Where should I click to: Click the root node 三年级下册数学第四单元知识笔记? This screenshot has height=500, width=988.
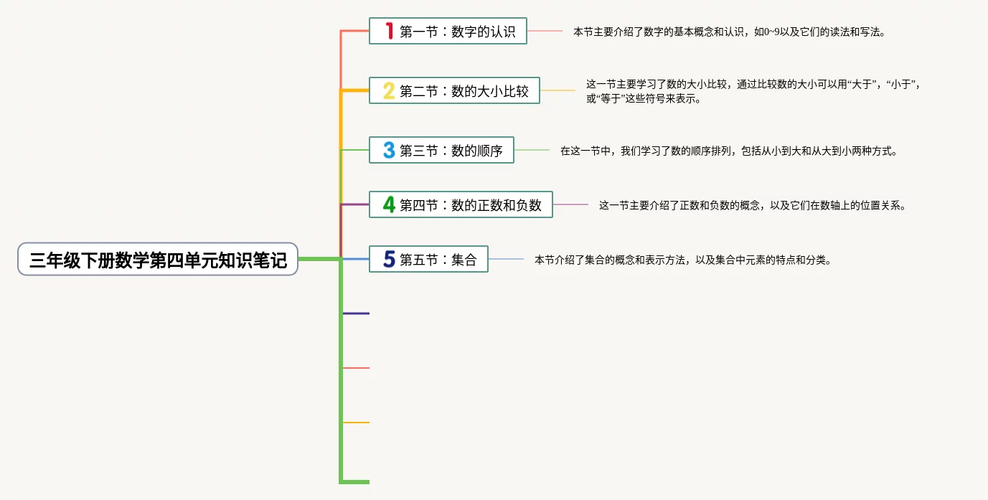(x=157, y=260)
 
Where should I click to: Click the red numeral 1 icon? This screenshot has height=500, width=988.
(x=389, y=31)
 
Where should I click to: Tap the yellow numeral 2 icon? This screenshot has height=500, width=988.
(x=389, y=91)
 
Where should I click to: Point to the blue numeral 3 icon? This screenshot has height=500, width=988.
(x=389, y=151)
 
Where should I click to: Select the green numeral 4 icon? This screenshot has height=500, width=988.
(x=389, y=204)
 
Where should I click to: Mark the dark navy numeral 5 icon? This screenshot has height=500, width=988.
(x=389, y=260)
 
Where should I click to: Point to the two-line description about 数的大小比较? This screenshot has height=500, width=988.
(x=753, y=91)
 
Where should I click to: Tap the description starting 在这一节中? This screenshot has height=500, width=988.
(x=728, y=151)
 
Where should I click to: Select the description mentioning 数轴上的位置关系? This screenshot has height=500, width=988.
(x=752, y=205)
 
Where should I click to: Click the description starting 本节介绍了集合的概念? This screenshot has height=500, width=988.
(x=682, y=260)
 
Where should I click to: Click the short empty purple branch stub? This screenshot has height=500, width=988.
(x=357, y=313)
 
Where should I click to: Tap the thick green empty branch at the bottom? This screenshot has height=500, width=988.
(x=355, y=481)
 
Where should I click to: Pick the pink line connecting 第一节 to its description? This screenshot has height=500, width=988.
(x=545, y=31)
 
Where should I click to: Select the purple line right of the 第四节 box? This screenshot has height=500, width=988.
(x=570, y=204)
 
